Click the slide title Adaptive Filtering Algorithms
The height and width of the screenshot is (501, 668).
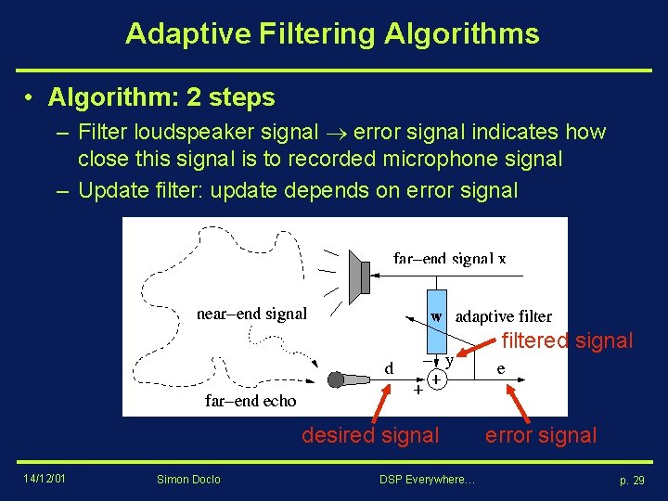coord(332,34)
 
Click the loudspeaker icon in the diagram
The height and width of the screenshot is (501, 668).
coord(360,276)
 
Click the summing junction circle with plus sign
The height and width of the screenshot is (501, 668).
coord(436,379)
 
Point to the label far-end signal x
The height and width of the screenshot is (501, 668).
coord(449,259)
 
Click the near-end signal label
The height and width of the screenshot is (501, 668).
coord(251,314)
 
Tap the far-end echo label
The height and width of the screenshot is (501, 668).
coord(250,401)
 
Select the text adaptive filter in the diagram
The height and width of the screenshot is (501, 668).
coord(503,316)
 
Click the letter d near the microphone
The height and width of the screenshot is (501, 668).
coord(390,368)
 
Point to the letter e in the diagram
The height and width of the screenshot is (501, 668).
coord(501,368)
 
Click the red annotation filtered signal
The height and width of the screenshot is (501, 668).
coord(567,340)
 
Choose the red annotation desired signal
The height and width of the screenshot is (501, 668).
coord(370,434)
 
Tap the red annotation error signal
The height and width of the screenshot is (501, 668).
coord(542,434)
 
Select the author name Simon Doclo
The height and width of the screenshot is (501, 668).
coord(189,479)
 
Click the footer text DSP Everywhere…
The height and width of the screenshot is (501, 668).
coord(427,479)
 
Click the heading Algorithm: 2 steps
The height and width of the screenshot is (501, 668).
coord(161,97)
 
